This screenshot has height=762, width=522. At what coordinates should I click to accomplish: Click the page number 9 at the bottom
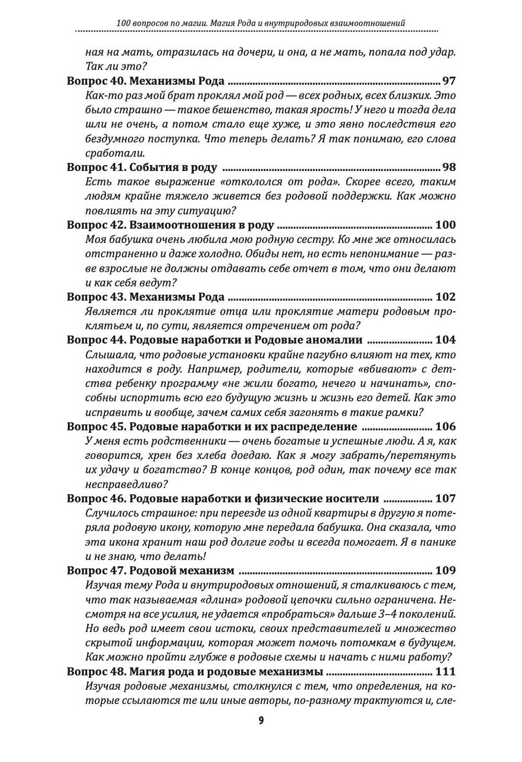(x=261, y=720)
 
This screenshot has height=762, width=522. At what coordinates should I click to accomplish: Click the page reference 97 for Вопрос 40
(x=449, y=81)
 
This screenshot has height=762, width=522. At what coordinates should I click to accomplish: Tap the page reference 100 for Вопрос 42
(x=445, y=225)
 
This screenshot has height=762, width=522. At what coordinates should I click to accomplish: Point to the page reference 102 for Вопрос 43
(x=445, y=297)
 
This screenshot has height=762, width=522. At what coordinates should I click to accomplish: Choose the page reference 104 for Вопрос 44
(x=445, y=340)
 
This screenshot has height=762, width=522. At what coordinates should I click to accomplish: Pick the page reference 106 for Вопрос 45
(x=445, y=426)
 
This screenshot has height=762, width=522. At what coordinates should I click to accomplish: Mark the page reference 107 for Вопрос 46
(x=445, y=498)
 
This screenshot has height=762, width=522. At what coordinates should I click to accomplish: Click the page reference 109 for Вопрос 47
(x=445, y=570)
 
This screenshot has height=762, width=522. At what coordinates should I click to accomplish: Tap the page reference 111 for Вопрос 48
(x=445, y=671)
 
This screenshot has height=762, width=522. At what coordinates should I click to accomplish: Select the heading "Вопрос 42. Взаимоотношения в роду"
(x=171, y=225)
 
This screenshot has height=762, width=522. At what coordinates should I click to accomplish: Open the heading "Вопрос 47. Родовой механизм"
(x=151, y=570)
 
